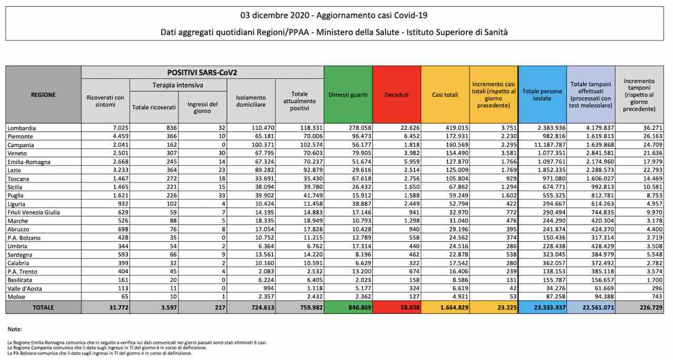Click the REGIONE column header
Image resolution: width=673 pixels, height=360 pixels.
click(43, 95)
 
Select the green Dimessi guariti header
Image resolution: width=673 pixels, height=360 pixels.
click(348, 95)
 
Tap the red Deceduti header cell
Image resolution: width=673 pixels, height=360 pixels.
click(396, 95)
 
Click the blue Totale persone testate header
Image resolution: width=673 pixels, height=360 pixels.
click(542, 95)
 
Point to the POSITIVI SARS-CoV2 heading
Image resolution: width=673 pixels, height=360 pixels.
click(202, 73)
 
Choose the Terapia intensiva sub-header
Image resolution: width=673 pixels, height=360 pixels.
click(178, 85)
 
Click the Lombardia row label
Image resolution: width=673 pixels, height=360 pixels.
click(22, 128)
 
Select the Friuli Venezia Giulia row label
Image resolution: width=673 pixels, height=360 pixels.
click(34, 212)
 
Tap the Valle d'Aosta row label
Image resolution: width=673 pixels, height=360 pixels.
click(25, 289)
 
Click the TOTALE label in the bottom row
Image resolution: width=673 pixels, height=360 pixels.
click(43, 308)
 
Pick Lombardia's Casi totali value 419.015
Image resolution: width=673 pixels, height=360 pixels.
click(457, 128)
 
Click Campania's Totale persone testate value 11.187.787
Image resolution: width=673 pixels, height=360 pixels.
click(550, 145)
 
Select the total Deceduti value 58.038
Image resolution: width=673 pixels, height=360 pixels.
click(410, 308)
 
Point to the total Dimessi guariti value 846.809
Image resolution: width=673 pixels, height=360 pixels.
click(360, 308)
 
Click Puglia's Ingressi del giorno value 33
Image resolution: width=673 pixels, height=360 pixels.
click(222, 196)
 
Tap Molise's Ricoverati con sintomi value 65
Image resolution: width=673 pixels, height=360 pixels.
click(125, 296)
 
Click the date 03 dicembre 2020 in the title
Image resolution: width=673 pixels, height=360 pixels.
click(275, 15)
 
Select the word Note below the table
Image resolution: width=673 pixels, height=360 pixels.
click(15, 330)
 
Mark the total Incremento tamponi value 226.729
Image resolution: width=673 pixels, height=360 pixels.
click(651, 308)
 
